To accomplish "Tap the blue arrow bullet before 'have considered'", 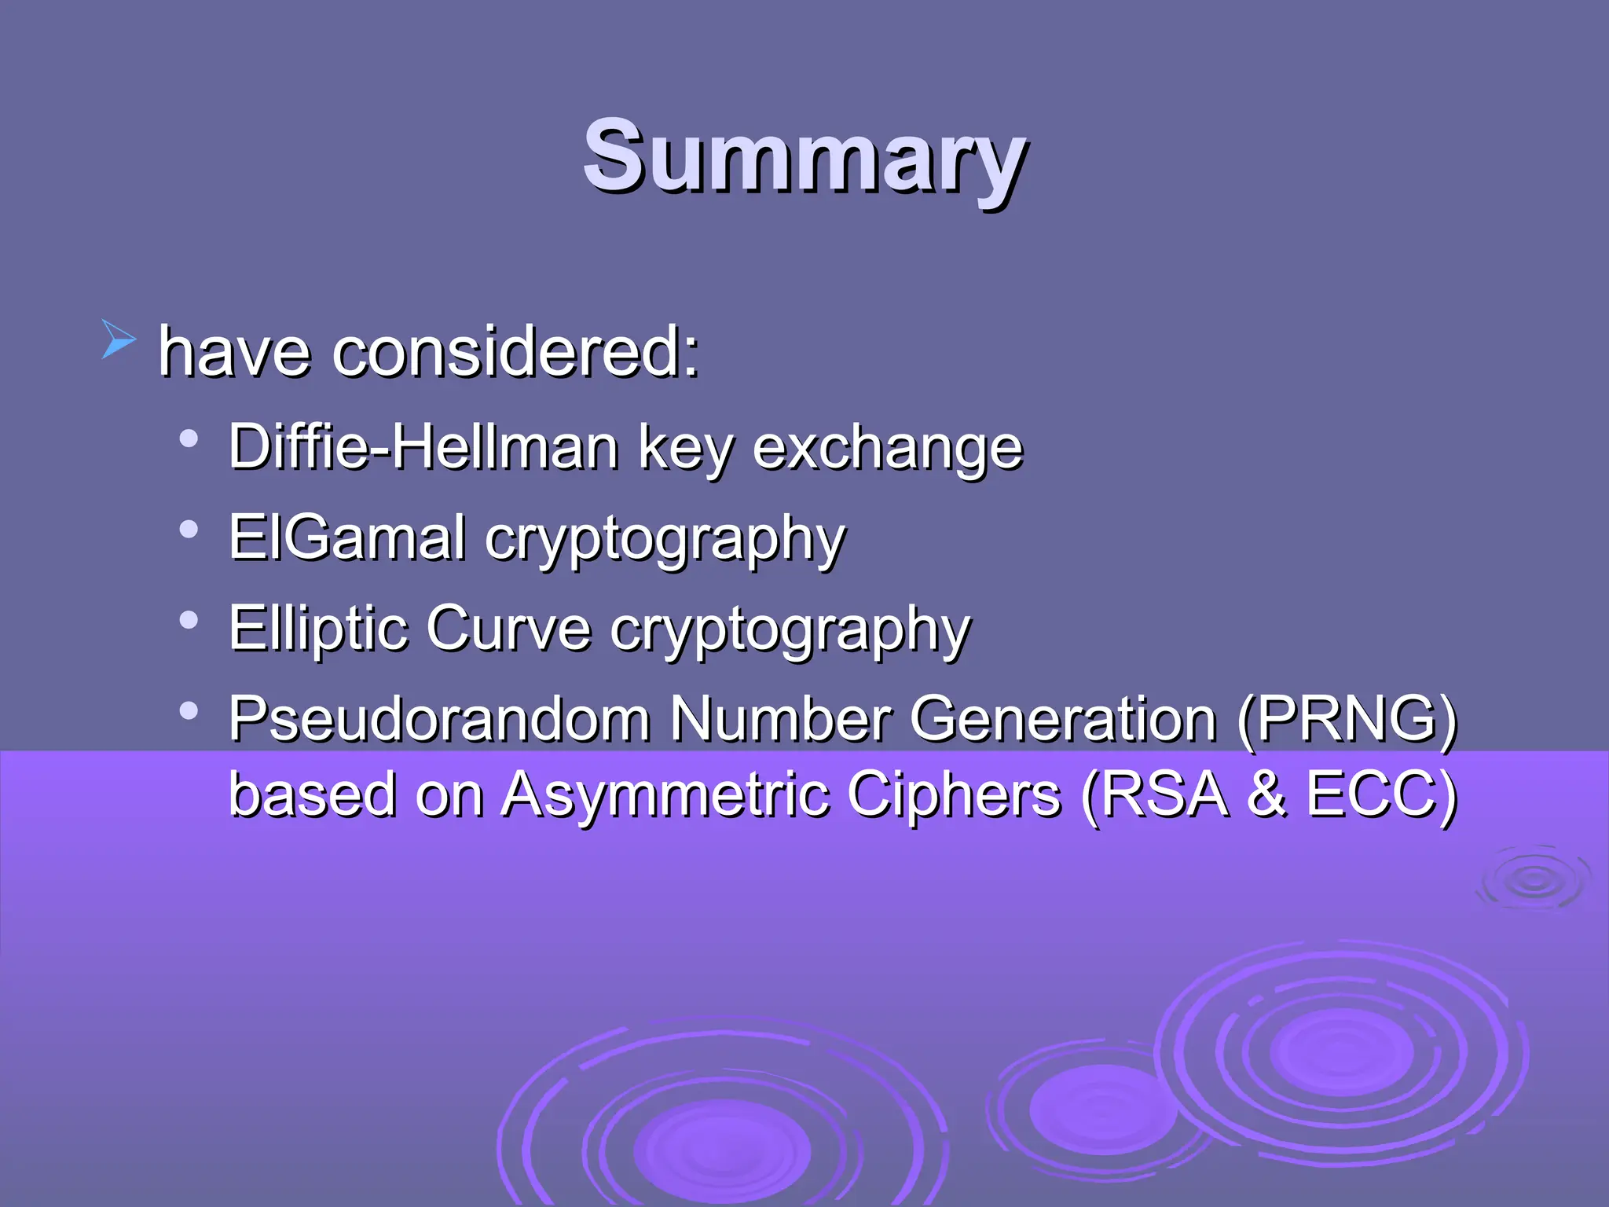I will click(119, 340).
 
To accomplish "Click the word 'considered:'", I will click(515, 351).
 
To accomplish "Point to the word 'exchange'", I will click(887, 448).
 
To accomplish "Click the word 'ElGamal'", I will click(346, 537).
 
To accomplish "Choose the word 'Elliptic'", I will click(317, 629).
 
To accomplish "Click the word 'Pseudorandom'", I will click(439, 718).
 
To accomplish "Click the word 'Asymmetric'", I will click(665, 794).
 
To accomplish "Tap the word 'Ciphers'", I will click(954, 794).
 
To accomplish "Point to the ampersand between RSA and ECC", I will click(1266, 794).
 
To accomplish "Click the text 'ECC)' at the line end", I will click(1382, 794).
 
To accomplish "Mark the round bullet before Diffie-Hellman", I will click(188, 438).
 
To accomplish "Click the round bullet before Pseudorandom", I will click(188, 711).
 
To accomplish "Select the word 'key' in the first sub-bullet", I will click(684, 448).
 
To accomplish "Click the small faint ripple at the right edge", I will click(1534, 880).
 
